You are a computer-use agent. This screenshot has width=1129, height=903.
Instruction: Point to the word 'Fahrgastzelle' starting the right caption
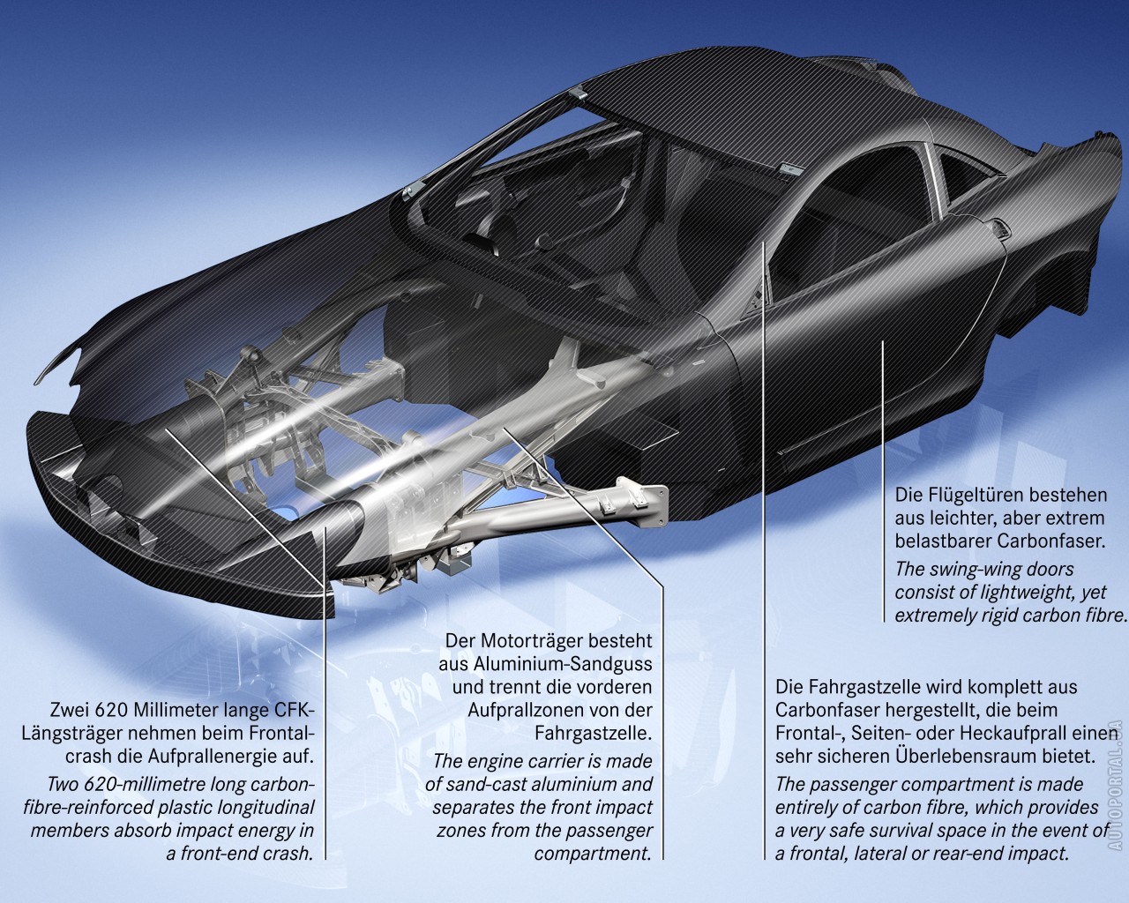pyautogui.click(x=858, y=685)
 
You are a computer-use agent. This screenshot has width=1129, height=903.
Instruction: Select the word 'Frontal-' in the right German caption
pyautogui.click(x=810, y=732)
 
